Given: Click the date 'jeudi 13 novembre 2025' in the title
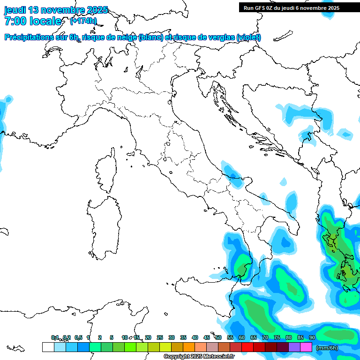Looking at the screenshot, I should [56, 10].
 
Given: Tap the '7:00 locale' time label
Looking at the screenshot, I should [33, 21].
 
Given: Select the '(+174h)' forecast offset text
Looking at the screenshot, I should [83, 21].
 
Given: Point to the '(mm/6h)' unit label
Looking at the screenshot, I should [327, 348].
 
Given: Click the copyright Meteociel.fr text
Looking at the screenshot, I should [199, 357].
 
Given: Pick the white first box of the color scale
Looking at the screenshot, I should [48, 347].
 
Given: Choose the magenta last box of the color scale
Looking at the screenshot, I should [306, 347].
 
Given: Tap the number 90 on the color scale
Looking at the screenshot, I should [312, 338].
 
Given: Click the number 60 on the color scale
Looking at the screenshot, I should [242, 338].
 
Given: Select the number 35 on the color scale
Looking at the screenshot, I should [183, 338].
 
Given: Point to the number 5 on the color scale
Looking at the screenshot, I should [112, 338].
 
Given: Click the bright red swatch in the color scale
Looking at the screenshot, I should [247, 347].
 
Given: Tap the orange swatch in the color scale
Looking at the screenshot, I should [189, 347].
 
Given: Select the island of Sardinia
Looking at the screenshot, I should [102, 225].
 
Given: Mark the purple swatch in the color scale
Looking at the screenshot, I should [294, 347].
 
